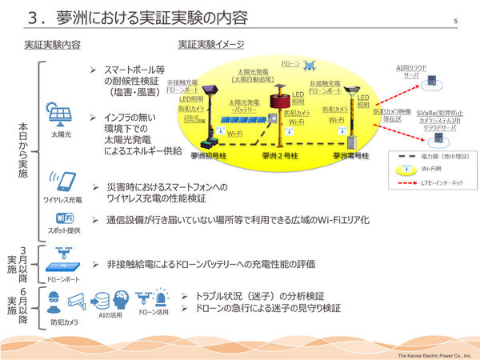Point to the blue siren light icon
[x=162, y=298]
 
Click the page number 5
[x=455, y=21]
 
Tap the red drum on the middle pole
[x=281, y=101]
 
